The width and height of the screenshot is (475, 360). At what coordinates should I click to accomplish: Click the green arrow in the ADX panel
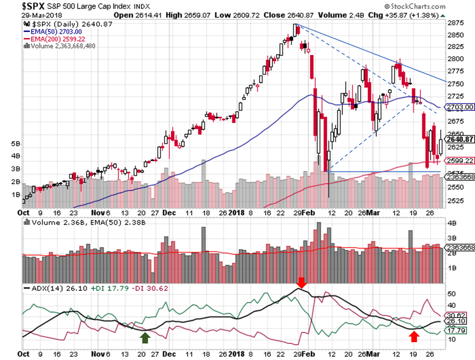click(x=145, y=337)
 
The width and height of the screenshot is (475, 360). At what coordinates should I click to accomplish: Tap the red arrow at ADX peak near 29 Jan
click(x=302, y=283)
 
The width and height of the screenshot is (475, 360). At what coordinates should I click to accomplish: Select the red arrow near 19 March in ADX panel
click(x=415, y=336)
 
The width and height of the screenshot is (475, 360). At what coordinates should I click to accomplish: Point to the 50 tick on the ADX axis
click(x=452, y=293)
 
